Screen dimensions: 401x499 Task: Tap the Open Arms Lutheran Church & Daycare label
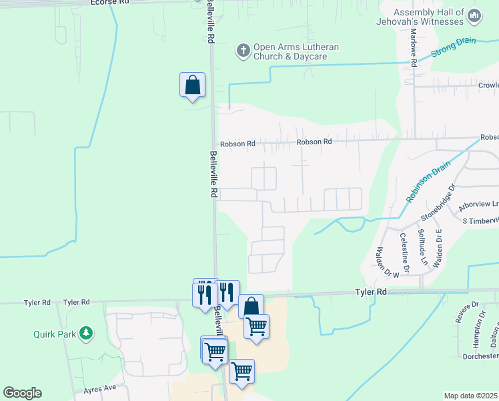coord(296,51)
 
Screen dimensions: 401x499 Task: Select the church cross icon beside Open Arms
coord(243,50)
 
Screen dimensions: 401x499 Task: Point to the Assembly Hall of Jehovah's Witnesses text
coord(438,17)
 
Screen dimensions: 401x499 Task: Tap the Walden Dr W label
coord(387,261)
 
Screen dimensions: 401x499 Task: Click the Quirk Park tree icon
coord(85,332)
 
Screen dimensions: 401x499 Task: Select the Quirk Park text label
coord(55,333)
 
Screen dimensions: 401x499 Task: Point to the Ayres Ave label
coord(100,388)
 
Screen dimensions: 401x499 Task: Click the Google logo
coord(22,393)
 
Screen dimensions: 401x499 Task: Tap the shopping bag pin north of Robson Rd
coord(192,86)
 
